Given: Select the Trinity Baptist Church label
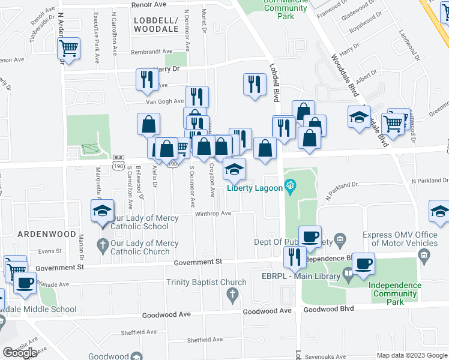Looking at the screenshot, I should [208, 283].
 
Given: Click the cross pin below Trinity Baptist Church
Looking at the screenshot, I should [232, 295].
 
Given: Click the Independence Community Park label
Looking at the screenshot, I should [393, 294].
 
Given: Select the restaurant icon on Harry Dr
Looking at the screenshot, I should [146, 79].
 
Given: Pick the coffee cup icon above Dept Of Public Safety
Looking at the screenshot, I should [310, 236].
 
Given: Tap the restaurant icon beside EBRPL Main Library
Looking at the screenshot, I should [294, 257].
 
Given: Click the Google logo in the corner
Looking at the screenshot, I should [20, 353].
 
